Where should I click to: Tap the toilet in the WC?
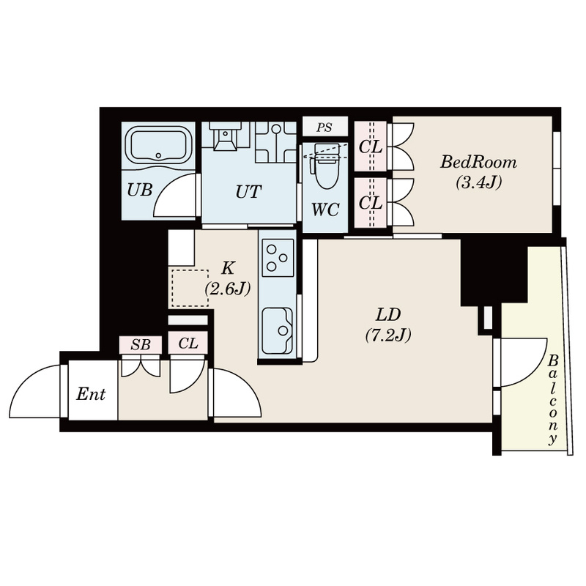[326, 166]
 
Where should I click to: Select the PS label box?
[325, 127]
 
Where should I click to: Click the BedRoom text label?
[478, 163]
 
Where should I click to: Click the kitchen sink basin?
[278, 331]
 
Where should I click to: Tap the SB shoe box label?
[141, 344]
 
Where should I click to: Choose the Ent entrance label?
[91, 394]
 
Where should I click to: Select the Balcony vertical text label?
[553, 399]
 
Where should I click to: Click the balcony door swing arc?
[535, 370]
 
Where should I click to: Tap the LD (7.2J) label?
[388, 325]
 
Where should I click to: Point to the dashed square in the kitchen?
[190, 288]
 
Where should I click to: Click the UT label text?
[248, 192]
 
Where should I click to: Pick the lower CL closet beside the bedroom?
[371, 203]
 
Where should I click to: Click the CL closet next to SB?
[188, 343]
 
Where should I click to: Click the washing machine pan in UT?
[276, 142]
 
